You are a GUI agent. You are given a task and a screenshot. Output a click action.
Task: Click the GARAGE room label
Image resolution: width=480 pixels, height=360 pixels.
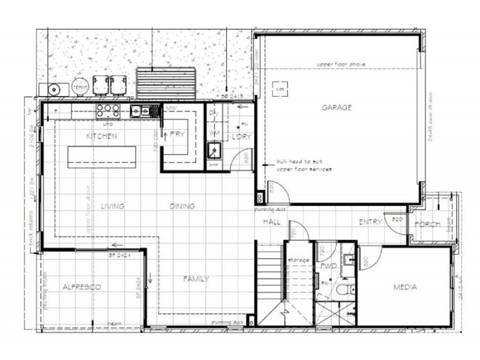[337, 107]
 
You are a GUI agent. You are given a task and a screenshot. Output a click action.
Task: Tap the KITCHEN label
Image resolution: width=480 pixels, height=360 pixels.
[101, 136]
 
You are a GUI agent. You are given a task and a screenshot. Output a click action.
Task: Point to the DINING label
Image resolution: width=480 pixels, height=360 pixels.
[182, 206]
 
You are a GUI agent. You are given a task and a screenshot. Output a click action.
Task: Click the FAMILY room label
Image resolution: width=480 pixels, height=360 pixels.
[196, 278]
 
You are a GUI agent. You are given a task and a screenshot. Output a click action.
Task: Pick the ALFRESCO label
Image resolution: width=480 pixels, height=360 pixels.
[82, 287]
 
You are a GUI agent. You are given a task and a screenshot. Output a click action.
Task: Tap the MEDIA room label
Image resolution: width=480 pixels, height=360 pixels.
[406, 287]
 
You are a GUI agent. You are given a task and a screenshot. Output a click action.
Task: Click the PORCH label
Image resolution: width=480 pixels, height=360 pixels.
[427, 224]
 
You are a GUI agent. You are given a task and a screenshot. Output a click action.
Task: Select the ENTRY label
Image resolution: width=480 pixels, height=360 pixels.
[370, 222]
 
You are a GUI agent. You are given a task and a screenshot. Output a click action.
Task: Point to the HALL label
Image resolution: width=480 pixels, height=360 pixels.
[272, 222]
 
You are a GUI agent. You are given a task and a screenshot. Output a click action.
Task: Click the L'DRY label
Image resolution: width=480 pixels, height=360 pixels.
[240, 136]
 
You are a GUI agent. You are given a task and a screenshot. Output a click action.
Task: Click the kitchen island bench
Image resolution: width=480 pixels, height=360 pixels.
[101, 156]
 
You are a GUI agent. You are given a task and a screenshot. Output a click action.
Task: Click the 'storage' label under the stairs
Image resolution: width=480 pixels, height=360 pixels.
[298, 260]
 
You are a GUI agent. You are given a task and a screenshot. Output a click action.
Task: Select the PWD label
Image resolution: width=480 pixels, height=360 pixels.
[328, 265]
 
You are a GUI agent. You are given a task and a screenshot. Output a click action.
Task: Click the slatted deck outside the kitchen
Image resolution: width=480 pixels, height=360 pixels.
[166, 81]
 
